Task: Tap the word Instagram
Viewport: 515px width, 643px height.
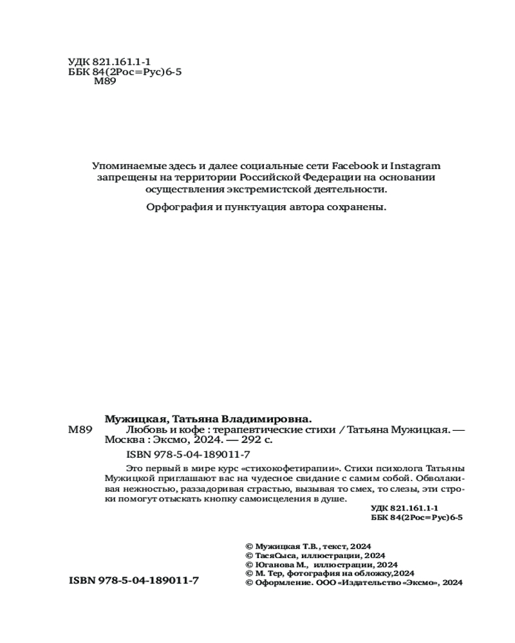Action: click(415, 166)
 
